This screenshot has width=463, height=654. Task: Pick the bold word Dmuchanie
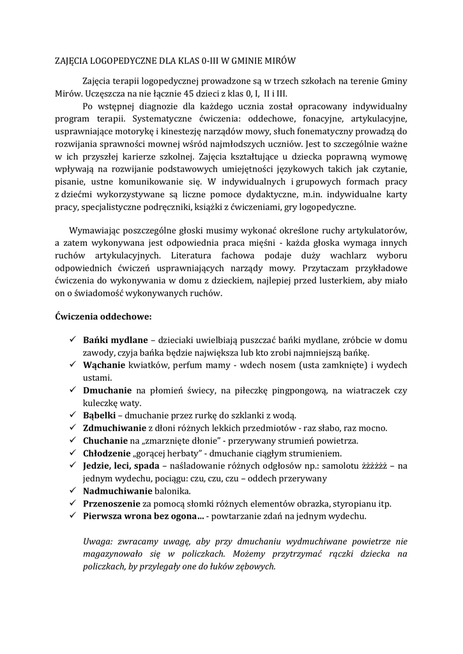[x=107, y=390]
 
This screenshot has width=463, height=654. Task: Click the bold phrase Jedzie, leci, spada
[x=121, y=465]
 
